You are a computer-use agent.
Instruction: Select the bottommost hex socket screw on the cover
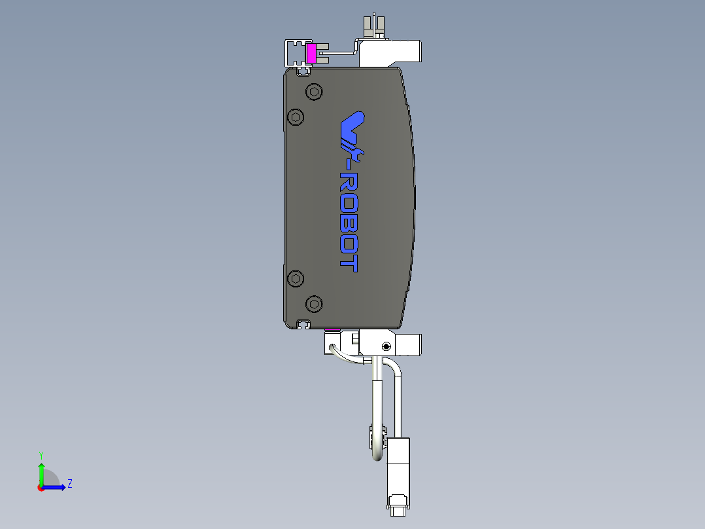(315, 304)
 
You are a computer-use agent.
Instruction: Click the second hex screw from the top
(297, 117)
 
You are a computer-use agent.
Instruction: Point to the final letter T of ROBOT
(351, 264)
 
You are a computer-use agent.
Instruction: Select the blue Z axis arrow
(56, 486)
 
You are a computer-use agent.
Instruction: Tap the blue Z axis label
(69, 484)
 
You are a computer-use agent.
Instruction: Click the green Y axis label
(41, 454)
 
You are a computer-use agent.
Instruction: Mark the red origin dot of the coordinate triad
(41, 487)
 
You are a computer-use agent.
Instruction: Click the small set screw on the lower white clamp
(387, 346)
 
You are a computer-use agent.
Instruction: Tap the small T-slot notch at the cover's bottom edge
(303, 323)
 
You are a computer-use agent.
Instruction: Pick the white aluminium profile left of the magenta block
(294, 52)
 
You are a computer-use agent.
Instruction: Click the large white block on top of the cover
(390, 53)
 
